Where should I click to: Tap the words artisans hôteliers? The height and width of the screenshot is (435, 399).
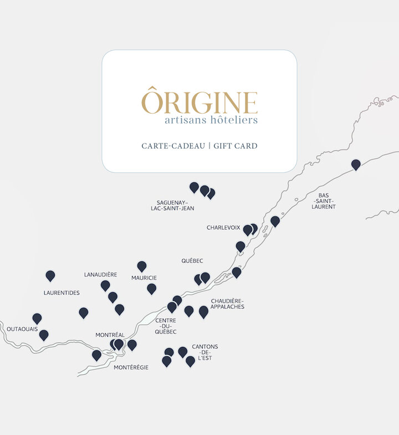coord(211,120)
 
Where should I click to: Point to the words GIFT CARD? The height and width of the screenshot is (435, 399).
coord(236,146)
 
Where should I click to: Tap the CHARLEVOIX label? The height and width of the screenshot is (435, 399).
coord(223,228)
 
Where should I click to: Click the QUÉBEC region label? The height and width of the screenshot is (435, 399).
coord(192,260)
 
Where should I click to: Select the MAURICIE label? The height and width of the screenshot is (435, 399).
coord(144,278)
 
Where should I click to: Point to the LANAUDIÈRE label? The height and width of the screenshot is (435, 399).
coord(100,274)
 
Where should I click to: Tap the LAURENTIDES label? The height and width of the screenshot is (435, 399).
coord(62,293)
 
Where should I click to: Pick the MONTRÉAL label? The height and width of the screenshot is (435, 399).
coord(110,335)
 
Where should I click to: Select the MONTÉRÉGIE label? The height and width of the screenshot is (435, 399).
coord(131,367)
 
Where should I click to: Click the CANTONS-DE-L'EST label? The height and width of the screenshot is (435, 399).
coord(205,352)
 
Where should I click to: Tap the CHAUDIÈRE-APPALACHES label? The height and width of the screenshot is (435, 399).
coord(227,304)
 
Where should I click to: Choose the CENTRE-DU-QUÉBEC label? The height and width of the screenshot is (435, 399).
coord(166,326)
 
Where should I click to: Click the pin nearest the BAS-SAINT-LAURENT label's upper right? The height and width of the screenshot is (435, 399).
coord(356,164)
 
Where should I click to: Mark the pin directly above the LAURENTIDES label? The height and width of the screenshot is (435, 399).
coord(50,275)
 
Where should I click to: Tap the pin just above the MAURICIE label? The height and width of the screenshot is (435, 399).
coord(142,266)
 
